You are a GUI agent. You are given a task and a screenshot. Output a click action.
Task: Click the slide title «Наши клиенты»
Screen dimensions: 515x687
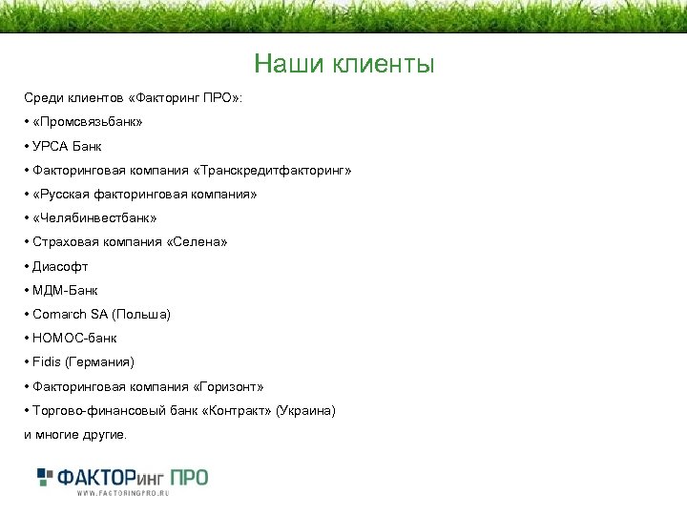343,65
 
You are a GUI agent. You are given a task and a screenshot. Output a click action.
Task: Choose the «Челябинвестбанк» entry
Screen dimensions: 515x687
94,218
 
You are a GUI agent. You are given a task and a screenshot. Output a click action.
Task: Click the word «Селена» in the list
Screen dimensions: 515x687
199,242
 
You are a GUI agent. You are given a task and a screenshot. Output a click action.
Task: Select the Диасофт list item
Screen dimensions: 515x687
60,266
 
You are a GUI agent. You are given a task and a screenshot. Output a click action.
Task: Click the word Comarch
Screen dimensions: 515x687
58,314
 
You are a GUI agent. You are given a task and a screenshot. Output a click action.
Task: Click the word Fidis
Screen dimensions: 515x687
46,361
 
